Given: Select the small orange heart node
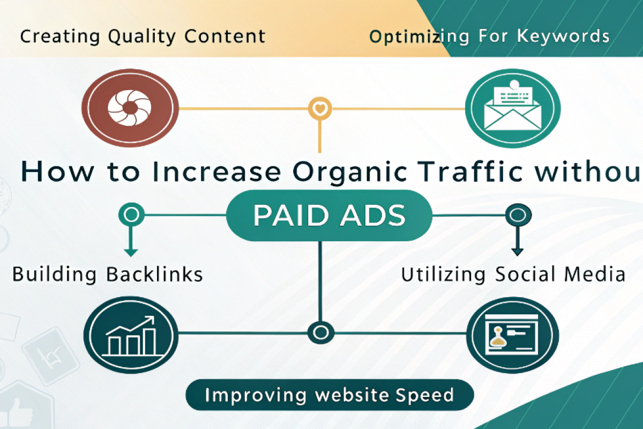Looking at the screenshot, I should [320, 109].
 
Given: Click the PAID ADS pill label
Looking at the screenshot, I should [329, 216].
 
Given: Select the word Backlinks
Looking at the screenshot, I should [155, 275].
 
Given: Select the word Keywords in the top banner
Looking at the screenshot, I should [563, 36].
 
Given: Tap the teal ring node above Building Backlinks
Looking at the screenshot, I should [131, 216].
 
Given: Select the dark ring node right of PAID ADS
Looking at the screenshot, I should [518, 216].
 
